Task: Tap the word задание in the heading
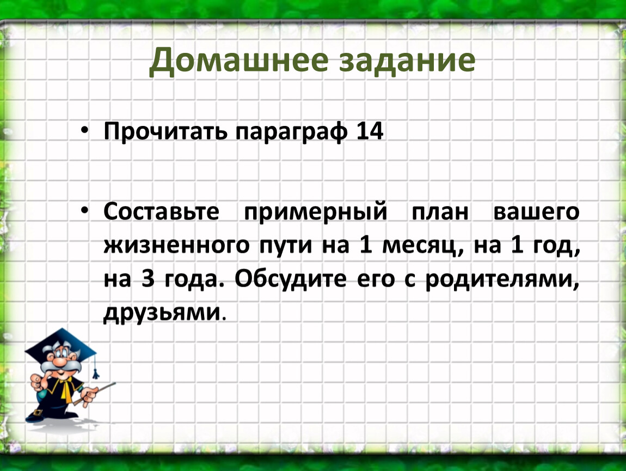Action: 407,61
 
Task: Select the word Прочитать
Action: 165,131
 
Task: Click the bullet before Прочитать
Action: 84,130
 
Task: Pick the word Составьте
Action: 161,211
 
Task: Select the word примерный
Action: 315,212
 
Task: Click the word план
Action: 440,212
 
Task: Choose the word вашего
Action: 536,212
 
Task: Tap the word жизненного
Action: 176,245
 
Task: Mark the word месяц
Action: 421,246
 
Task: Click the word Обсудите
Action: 290,278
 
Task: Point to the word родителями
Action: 501,279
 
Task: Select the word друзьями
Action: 162,312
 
